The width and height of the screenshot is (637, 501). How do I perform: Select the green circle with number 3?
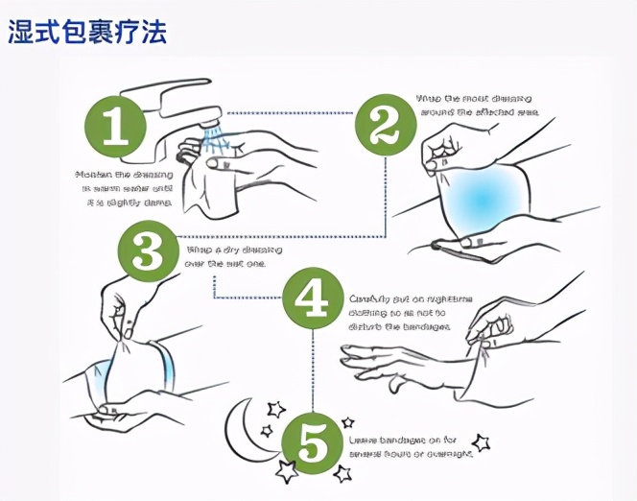[148, 252]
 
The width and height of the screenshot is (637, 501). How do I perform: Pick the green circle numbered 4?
[313, 298]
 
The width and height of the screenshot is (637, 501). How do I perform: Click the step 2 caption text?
[475, 106]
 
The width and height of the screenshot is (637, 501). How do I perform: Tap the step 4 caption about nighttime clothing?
[399, 312]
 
